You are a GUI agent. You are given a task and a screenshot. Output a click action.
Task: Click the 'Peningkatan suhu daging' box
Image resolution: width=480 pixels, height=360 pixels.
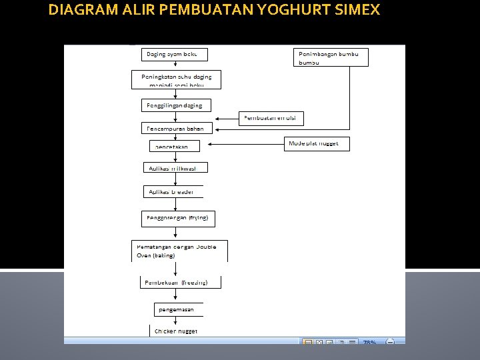(176, 80)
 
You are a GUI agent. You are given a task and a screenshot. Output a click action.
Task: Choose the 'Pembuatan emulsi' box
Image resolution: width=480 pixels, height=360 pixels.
(272, 118)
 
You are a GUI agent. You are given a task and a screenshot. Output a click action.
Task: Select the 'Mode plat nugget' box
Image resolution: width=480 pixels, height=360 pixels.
(317, 144)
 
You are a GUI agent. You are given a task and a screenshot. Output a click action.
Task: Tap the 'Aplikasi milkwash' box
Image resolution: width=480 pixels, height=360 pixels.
(175, 168)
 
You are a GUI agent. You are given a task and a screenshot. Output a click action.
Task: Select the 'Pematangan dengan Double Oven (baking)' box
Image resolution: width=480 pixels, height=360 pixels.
(179, 251)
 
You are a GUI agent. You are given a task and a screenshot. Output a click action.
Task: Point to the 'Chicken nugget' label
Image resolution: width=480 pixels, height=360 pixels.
(175, 331)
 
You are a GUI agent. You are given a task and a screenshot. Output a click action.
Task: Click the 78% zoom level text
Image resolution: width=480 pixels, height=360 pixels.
(369, 342)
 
